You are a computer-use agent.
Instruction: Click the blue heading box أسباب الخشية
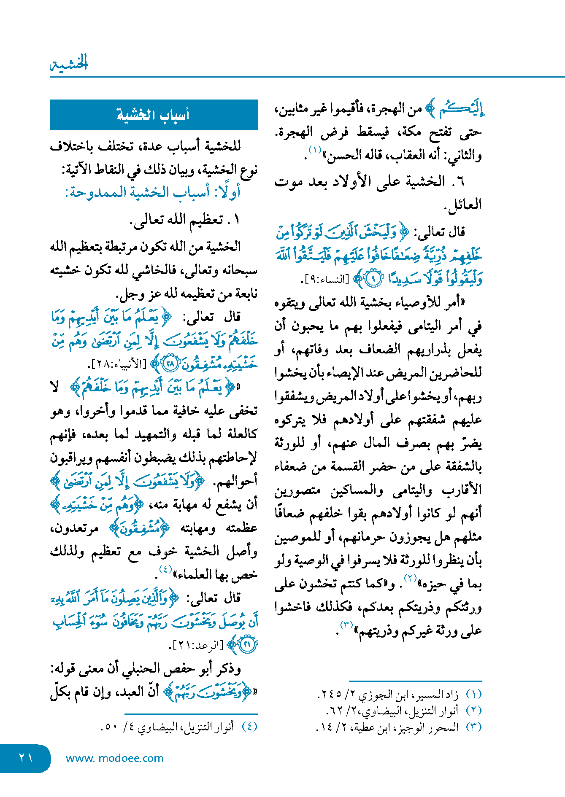pos(154,115)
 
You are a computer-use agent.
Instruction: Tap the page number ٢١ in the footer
pos(25,758)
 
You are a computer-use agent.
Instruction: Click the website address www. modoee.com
pos(114,758)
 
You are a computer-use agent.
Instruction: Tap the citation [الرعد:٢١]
pos(197,645)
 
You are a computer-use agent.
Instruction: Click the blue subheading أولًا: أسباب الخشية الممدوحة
pos(153,192)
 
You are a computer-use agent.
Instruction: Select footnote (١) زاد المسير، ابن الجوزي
pos(399,694)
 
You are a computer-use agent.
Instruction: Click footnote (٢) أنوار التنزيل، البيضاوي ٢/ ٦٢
pos(403,711)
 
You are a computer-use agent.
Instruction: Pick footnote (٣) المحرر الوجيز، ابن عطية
pos(398,727)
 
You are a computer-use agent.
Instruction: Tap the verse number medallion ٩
pos(373,279)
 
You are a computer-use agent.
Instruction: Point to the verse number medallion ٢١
pos(247,645)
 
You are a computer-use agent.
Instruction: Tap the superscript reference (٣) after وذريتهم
pos(346,625)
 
